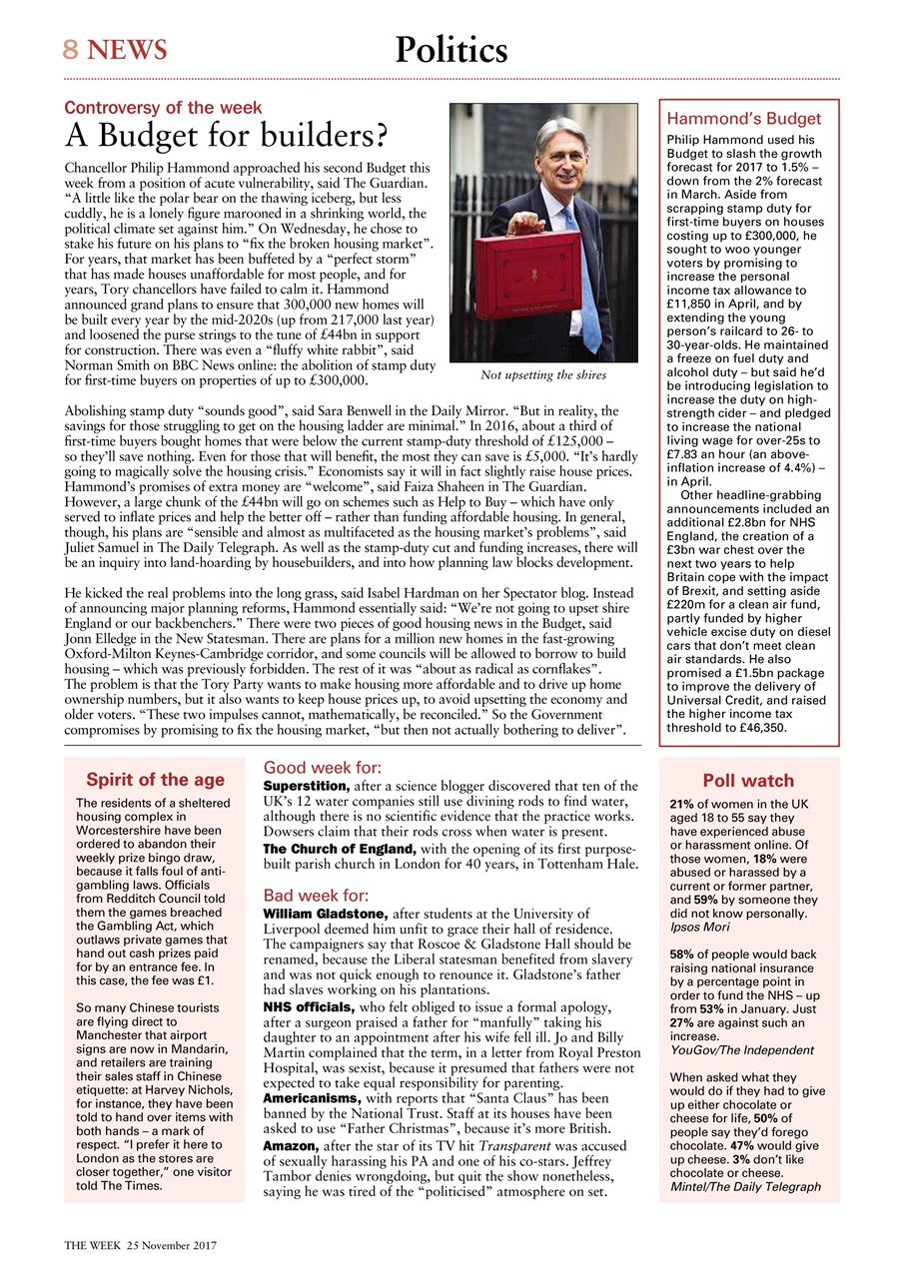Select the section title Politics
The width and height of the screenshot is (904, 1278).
click(x=451, y=49)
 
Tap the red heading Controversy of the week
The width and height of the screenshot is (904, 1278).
click(x=163, y=108)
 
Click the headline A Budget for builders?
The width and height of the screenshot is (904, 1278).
click(x=226, y=134)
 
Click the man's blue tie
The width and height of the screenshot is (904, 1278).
click(x=588, y=270)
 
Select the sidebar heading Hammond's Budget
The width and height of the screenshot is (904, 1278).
click(x=743, y=119)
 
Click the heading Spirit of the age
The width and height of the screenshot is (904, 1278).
click(x=155, y=780)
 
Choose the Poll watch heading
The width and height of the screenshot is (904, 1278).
click(x=748, y=781)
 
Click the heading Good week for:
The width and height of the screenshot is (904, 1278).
click(x=321, y=768)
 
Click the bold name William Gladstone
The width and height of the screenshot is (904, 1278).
click(x=325, y=914)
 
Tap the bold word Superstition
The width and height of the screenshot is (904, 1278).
click(x=306, y=787)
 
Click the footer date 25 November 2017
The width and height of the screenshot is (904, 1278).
click(x=168, y=1246)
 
